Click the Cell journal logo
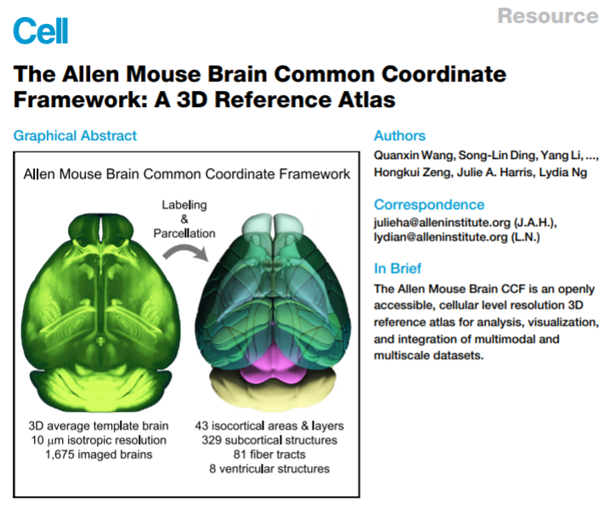click(x=40, y=31)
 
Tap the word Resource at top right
click(x=547, y=16)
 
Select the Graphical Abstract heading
click(x=75, y=136)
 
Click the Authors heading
click(x=399, y=136)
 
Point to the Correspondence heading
click(x=429, y=205)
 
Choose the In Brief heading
click(x=398, y=269)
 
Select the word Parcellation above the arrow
click(x=183, y=234)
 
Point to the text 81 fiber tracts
click(x=269, y=454)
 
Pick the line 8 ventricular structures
click(x=269, y=468)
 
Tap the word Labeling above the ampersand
click(x=184, y=206)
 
